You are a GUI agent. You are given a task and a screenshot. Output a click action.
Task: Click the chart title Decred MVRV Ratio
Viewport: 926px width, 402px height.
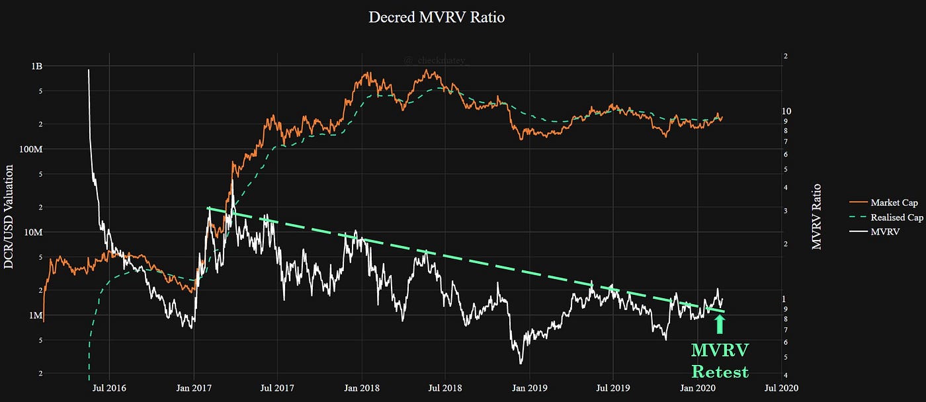click(436, 18)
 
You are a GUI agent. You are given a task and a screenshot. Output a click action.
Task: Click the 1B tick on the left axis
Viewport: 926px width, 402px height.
click(36, 66)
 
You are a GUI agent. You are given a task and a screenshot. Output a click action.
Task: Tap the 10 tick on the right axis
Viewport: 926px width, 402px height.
click(786, 111)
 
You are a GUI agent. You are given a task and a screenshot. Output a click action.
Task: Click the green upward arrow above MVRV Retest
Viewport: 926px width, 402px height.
click(720, 324)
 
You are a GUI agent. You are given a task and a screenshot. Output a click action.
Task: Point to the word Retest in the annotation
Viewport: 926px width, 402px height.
click(720, 372)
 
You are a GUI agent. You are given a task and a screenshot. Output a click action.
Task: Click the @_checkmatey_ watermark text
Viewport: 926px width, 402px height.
click(436, 60)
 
